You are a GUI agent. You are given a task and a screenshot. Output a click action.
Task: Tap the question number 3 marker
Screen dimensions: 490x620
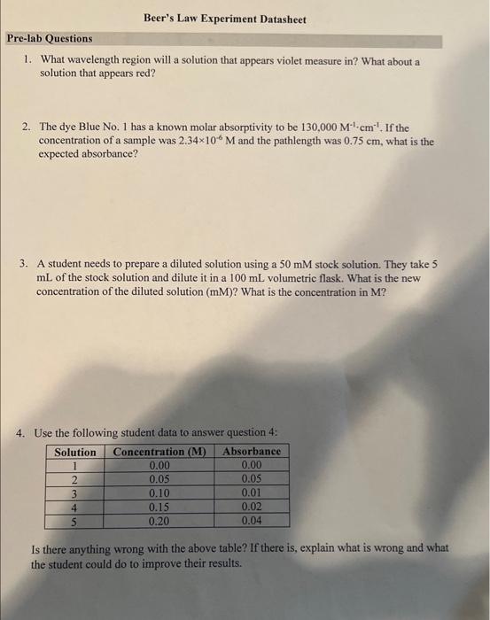27,264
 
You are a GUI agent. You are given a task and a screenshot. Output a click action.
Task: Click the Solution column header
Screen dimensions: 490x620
75,451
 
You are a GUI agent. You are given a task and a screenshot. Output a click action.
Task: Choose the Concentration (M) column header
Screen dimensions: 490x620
159,451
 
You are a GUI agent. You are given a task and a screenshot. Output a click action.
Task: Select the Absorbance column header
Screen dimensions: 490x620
253,451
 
